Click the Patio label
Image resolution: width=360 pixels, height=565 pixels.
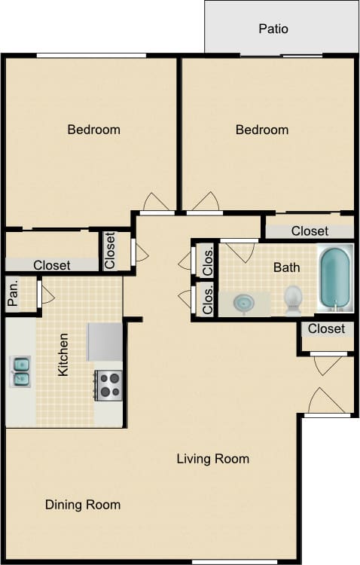pyautogui.click(x=273, y=29)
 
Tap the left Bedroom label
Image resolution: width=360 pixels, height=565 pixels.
pyautogui.click(x=93, y=130)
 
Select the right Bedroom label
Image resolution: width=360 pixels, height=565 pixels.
pyautogui.click(x=261, y=130)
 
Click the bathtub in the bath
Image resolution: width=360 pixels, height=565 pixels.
pyautogui.click(x=334, y=278)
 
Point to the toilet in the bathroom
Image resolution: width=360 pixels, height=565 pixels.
pyautogui.click(x=293, y=300)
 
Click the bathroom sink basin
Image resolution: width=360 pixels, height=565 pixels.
pyautogui.click(x=244, y=303)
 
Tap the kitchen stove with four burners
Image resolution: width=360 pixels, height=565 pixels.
pyautogui.click(x=108, y=385)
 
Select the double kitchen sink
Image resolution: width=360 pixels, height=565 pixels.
pyautogui.click(x=20, y=371)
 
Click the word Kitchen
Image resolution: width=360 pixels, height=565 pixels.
pyautogui.click(x=64, y=355)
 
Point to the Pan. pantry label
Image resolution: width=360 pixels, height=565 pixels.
pyautogui.click(x=13, y=294)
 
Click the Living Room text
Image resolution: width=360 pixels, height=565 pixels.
pyautogui.click(x=212, y=459)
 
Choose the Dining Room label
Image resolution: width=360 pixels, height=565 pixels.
pyautogui.click(x=82, y=505)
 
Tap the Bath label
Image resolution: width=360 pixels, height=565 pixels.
pyautogui.click(x=286, y=267)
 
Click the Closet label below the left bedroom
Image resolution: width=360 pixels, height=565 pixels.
pyautogui.click(x=51, y=265)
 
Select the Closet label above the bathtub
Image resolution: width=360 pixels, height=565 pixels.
pyautogui.click(x=310, y=231)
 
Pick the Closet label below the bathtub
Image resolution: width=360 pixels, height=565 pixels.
pyautogui.click(x=326, y=328)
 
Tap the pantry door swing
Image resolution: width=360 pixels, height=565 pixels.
pyautogui.click(x=46, y=294)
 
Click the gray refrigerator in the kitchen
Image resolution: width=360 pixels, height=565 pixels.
pyautogui.click(x=104, y=343)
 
